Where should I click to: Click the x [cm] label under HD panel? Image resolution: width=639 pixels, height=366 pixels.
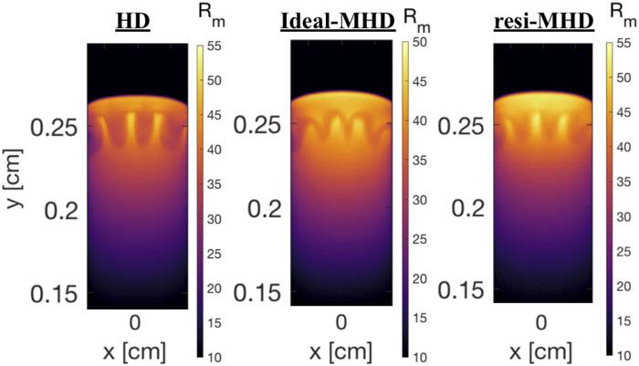pos(134,350)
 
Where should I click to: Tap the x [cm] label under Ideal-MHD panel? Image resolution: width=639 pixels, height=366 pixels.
pos(340,351)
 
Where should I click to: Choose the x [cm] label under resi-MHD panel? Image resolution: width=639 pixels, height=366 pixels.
pos(540,350)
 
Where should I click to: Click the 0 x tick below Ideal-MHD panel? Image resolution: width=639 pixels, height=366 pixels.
pos(340,322)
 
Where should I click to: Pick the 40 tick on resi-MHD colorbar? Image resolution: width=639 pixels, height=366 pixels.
pos(623,146)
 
